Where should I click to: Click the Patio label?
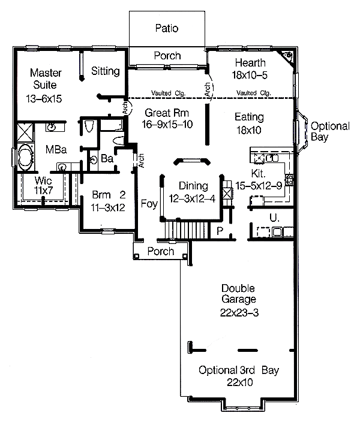click(167, 28)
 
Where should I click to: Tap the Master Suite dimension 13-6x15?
click(44, 99)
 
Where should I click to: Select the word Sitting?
click(106, 71)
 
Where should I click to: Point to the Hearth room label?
click(250, 63)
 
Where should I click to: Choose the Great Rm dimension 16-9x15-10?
click(167, 124)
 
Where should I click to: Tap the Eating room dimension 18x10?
click(249, 130)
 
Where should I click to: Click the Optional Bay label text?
click(330, 131)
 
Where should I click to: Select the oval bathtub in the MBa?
click(25, 157)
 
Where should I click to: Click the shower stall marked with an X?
click(25, 132)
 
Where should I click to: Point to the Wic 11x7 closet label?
click(43, 185)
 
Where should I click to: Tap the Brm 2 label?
click(109, 195)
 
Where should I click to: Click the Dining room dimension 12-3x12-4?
click(192, 198)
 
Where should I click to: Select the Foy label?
click(149, 204)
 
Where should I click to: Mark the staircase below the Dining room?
click(187, 230)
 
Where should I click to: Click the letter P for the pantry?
click(220, 231)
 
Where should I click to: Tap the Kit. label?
click(259, 174)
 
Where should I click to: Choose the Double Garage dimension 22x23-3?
click(239, 313)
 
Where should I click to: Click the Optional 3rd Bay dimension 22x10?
click(240, 382)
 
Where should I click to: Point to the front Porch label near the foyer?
click(161, 251)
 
